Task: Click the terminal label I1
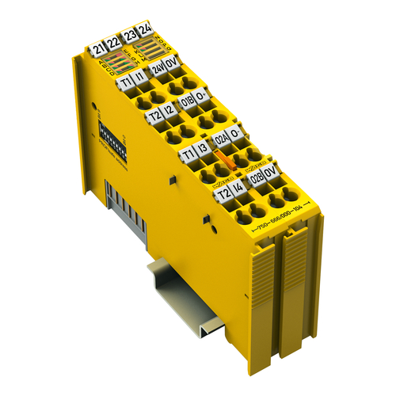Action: pyautogui.click(x=140, y=75)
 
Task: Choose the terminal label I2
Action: pyautogui.click(x=168, y=112)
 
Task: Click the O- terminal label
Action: pyautogui.click(x=235, y=131)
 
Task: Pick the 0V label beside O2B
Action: pyautogui.click(x=271, y=170)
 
